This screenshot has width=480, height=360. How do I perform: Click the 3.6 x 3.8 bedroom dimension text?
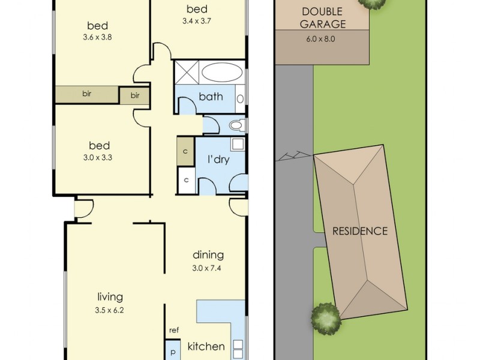coord(97,37)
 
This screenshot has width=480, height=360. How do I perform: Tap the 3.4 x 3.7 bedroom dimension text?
coord(197,21)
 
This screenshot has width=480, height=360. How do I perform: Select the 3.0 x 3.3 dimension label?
coord(98,158)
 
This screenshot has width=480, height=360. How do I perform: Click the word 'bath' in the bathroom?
coord(211,97)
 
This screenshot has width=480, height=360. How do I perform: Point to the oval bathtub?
coord(220,72)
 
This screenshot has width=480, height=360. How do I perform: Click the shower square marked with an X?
coord(187,72)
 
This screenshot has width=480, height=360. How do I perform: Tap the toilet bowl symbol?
coord(236,125)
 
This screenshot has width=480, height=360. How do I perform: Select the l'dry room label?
coord(218,160)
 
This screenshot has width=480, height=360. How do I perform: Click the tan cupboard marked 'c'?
coord(185,152)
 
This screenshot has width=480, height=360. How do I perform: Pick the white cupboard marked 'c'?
coord(186,180)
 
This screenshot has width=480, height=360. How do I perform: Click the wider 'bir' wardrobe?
coord(87,94)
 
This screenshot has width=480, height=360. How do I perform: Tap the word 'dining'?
coord(208,255)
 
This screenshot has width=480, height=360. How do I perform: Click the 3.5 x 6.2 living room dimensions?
coord(109,310)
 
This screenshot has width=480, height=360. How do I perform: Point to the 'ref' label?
coord(174,331)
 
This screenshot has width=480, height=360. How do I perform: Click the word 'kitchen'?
coord(206,347)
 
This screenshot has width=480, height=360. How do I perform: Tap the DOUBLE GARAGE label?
coord(323,18)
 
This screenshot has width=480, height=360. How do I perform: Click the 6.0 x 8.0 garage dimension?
coord(321,39)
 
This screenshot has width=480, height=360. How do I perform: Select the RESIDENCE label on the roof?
coord(360,231)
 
